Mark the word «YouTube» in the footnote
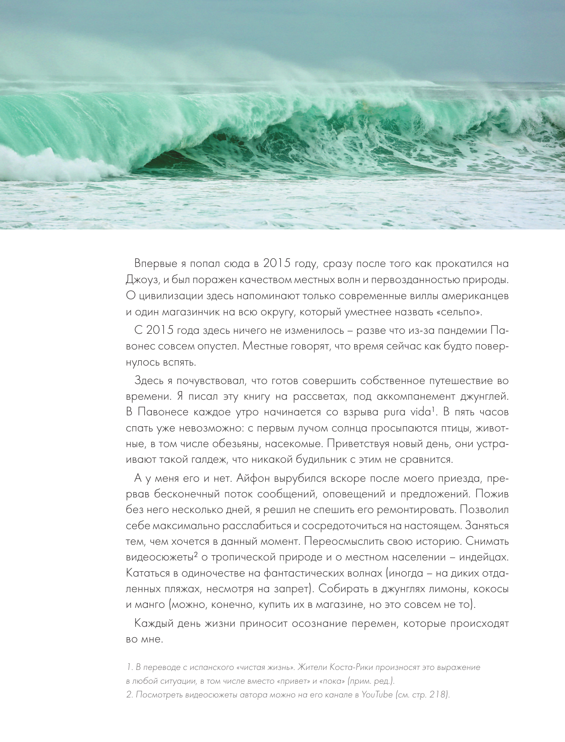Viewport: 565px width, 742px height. coord(377,695)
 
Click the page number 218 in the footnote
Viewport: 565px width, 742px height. coord(437,695)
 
